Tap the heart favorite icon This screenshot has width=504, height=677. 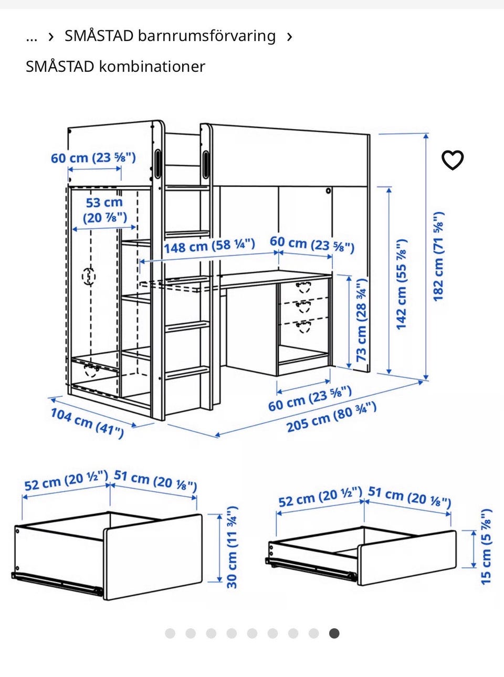pos(453,160)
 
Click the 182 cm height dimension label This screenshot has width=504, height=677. pos(438,257)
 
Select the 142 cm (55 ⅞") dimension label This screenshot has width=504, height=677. pos(402,284)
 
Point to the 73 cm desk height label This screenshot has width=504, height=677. pos(361,320)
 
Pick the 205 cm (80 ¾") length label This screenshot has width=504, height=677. pos(331,417)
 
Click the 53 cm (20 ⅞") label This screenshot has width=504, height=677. pos(104,210)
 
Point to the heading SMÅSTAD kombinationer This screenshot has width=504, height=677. pos(115,66)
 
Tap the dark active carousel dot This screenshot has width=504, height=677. pos(334,633)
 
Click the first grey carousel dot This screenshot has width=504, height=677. pos(170,633)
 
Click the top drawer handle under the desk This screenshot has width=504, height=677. pos(303,287)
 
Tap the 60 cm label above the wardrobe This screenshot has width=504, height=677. pos(93,158)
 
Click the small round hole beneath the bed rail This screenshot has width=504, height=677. pos(328,191)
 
